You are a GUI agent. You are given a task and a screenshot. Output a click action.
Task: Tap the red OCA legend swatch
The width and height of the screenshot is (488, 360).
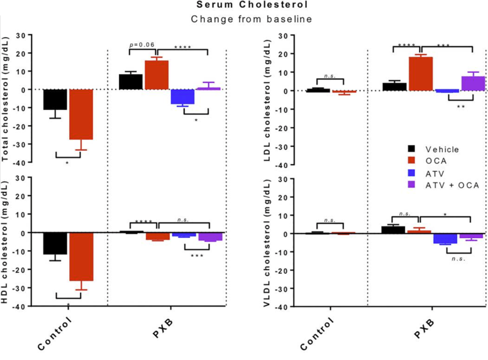pos(411,161)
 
